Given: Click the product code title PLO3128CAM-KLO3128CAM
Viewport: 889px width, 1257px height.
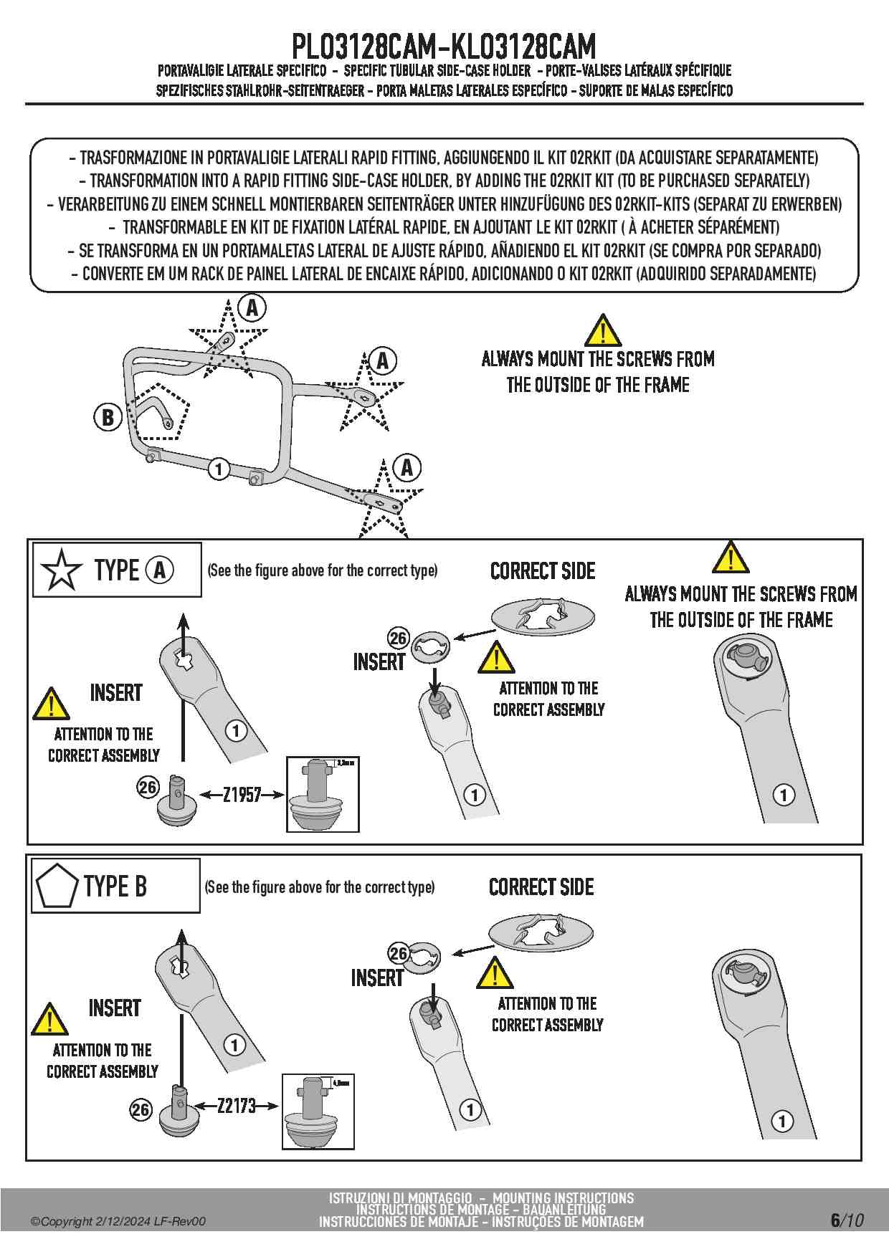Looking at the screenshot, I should (444, 47).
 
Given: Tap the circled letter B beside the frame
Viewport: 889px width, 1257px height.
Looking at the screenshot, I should (108, 417).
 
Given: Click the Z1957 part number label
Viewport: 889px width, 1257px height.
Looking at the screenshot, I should (242, 795).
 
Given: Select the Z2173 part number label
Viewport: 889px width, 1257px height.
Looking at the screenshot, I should (237, 1106).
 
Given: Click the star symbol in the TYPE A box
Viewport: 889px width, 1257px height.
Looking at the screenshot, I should (61, 570).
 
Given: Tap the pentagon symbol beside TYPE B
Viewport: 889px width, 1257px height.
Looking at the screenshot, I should (56, 886).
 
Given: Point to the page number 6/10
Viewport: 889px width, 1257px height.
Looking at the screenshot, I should (847, 1220).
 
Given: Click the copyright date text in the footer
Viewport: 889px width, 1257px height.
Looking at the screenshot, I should (118, 1221).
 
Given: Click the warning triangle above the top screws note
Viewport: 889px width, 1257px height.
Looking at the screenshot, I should (602, 330).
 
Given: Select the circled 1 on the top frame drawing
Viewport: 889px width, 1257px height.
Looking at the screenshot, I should (219, 469).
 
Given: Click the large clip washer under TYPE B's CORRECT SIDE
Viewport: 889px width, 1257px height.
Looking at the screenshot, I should (541, 932).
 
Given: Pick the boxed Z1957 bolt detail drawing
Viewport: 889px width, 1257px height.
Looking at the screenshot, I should (323, 794).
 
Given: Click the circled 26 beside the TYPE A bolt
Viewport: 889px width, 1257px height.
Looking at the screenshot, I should (148, 788).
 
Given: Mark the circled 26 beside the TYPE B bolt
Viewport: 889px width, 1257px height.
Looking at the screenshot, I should (141, 1110).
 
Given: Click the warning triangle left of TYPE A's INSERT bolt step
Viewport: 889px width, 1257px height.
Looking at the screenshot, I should (51, 704).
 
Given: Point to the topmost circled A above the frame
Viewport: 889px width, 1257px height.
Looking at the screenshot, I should (252, 308).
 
